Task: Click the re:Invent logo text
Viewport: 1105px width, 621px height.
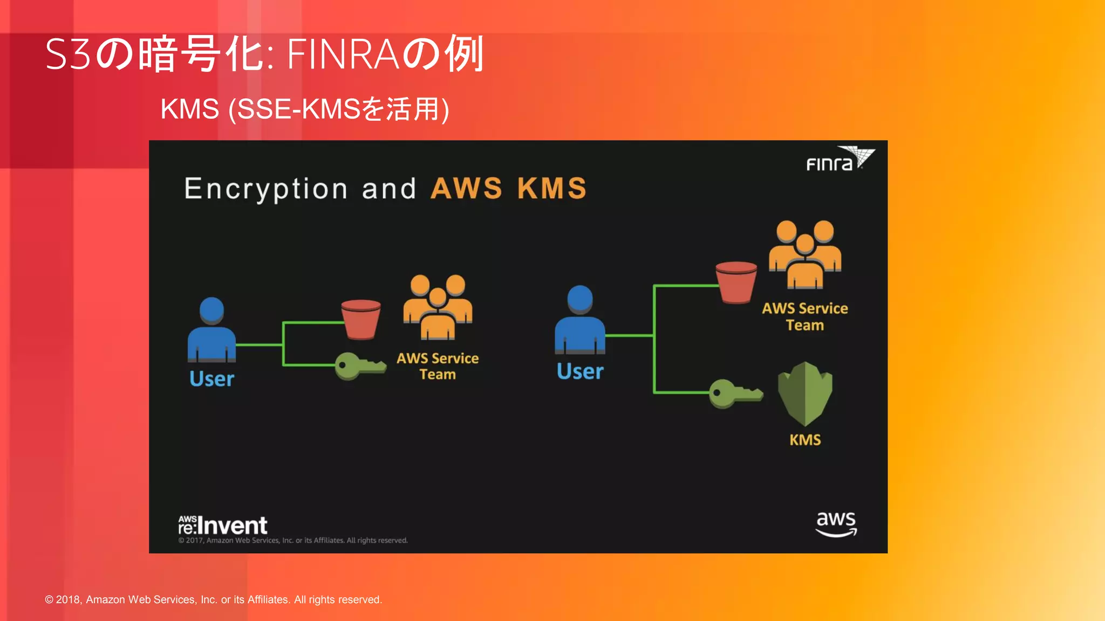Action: click(x=223, y=525)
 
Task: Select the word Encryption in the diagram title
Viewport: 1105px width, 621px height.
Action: click(x=266, y=189)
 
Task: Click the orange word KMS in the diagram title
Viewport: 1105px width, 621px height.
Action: click(x=551, y=189)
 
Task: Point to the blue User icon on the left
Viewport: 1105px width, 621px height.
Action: click(x=212, y=329)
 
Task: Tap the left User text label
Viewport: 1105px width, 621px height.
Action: click(x=212, y=379)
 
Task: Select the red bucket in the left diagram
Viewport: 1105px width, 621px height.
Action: click(x=360, y=319)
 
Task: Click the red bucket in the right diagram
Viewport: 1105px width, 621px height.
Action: click(x=736, y=282)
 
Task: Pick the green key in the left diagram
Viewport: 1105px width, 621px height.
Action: click(x=359, y=366)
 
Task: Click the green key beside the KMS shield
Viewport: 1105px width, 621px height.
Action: click(x=735, y=394)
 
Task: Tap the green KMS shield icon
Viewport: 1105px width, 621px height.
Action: click(x=805, y=394)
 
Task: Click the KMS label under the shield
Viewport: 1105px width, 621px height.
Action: click(x=805, y=440)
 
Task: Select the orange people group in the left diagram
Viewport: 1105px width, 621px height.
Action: click(x=438, y=307)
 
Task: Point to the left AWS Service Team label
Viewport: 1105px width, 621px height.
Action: click(x=438, y=366)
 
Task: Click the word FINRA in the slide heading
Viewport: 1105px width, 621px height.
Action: click(x=343, y=54)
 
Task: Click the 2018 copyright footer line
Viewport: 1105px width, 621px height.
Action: click(x=213, y=599)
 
